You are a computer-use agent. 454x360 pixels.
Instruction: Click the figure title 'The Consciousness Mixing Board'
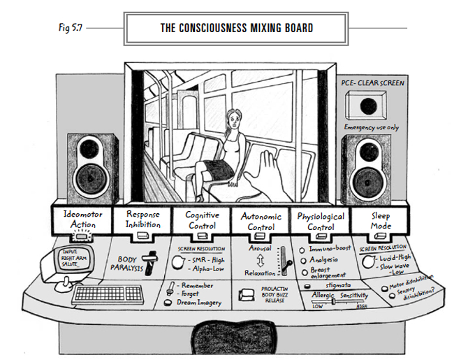pos(227,29)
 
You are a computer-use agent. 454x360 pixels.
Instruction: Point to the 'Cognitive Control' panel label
pos(202,219)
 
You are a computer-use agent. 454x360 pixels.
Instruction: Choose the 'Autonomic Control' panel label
pos(259,219)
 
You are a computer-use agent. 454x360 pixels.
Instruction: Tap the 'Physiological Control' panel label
pos(320,219)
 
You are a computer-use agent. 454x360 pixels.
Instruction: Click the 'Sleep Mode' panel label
pos(379,219)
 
